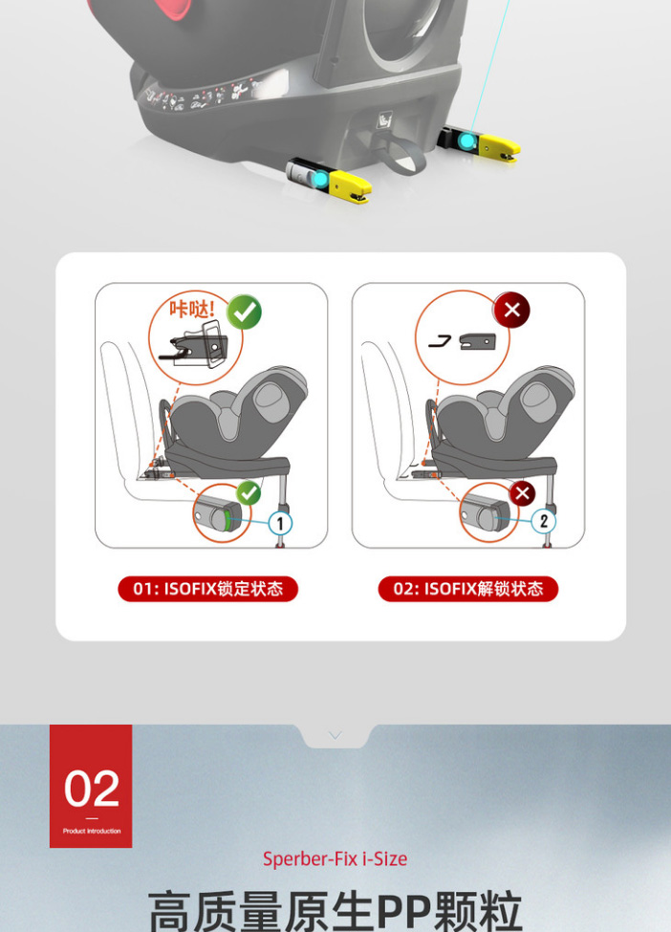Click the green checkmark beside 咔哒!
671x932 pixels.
(245, 312)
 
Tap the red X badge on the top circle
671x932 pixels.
(511, 310)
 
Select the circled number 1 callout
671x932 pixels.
(280, 524)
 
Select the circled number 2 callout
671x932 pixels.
(543, 521)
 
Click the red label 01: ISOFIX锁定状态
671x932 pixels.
(208, 589)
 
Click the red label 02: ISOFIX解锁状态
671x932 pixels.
(468, 589)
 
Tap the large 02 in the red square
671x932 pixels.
(92, 789)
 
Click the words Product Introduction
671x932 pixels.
(92, 831)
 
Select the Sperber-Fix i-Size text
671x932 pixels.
(335, 859)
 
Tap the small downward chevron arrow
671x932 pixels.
(335, 736)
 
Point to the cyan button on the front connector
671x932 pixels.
(321, 179)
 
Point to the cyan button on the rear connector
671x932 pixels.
(467, 141)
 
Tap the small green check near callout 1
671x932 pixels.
(249, 492)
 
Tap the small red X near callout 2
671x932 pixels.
(523, 493)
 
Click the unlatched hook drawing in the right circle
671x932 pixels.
(441, 342)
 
